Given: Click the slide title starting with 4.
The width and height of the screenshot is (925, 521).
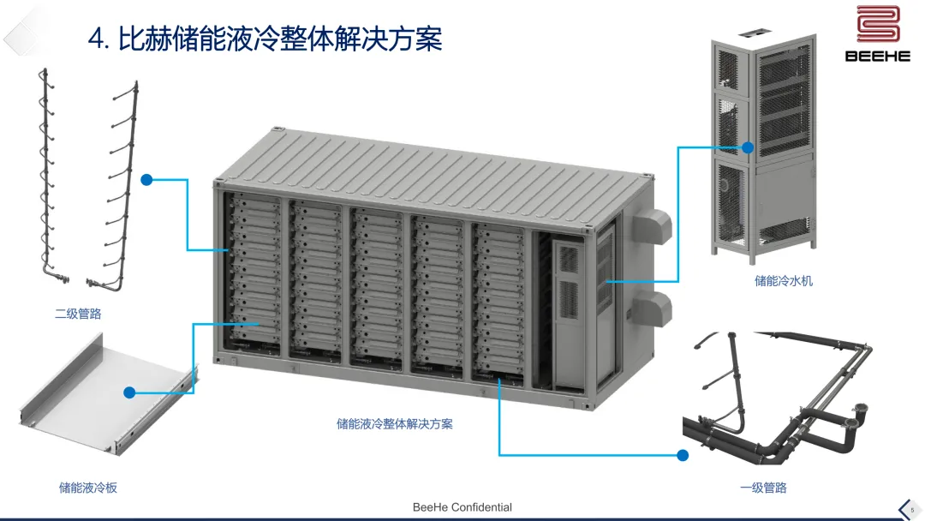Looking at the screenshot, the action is coord(266,38).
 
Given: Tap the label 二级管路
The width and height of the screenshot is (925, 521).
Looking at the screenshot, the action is coord(79,314).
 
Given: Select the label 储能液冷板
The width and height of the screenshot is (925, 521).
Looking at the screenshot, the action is coord(88,488).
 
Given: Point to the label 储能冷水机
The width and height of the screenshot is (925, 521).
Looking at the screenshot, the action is coord(784,280).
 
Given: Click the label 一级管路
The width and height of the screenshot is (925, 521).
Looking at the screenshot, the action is coord(763,488).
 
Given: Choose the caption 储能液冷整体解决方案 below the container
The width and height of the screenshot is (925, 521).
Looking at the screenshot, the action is coord(395,423).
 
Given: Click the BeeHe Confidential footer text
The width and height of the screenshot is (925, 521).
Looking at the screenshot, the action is coord(462,507).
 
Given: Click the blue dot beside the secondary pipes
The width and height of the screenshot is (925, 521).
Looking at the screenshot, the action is coord(146,180).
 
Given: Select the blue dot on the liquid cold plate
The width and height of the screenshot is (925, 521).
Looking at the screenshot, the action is coord(129,392).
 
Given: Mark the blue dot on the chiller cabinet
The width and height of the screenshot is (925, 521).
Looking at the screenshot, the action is coord(748,147).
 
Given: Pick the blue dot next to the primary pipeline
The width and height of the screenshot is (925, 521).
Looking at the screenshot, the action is coord(683,455).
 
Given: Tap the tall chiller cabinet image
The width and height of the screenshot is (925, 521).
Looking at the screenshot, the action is coord(763,146).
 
